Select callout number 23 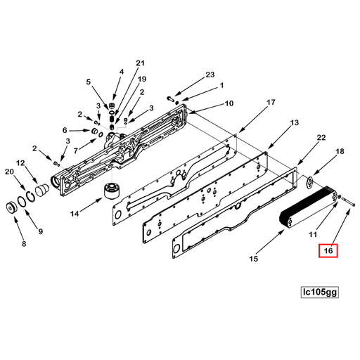coord(210,75)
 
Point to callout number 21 coord(140,63)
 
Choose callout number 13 coord(295,123)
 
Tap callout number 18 coord(340,151)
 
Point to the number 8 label coord(24,244)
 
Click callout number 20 coord(9,172)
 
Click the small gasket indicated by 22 coord(308,182)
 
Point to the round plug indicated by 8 coord(12,210)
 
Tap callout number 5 coord(89,82)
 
